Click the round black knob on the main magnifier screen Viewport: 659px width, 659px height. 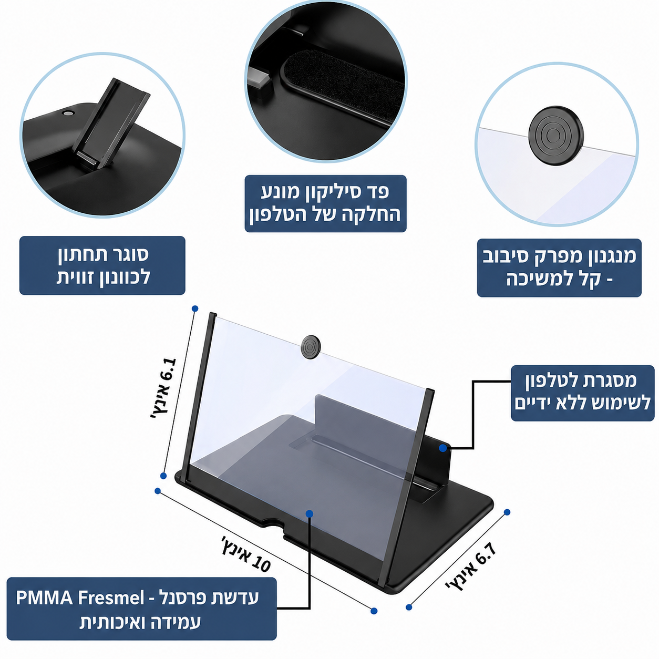coord(312,347)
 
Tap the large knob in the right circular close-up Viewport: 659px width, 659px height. coord(555,135)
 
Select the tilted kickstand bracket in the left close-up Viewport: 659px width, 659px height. coord(111,123)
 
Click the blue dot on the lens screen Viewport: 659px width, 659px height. coord(310,513)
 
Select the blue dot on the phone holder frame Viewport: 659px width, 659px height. coord(443,448)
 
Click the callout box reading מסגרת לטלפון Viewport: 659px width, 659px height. coord(582,393)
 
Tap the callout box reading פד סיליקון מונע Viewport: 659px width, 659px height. coord(326,204)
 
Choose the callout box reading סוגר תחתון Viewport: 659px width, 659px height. coord(102,265)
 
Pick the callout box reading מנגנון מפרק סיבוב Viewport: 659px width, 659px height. coord(559,268)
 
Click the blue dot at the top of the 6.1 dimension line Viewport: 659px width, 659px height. coord(195,309)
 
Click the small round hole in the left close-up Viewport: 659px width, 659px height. coord(68,113)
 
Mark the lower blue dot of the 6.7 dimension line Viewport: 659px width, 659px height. coord(409,607)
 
